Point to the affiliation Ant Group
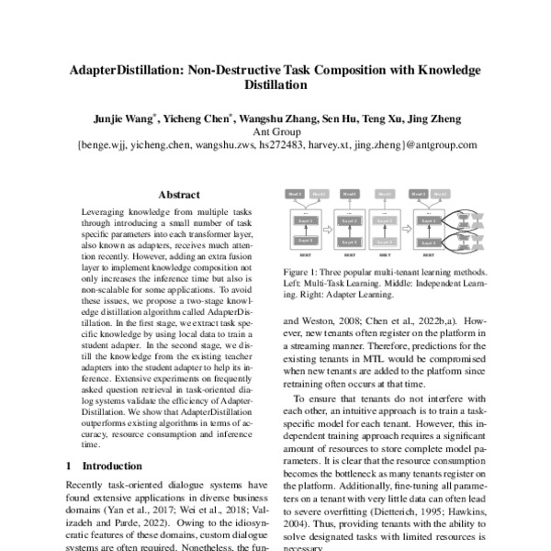pyautogui.click(x=276, y=131)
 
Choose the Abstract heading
pyautogui.click(x=180, y=195)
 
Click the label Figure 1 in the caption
pyautogui.click(x=299, y=274)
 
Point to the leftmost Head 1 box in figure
pyautogui.click(x=295, y=195)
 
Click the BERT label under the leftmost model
pyautogui.click(x=304, y=256)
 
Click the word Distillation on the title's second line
pyautogui.click(x=275, y=85)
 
